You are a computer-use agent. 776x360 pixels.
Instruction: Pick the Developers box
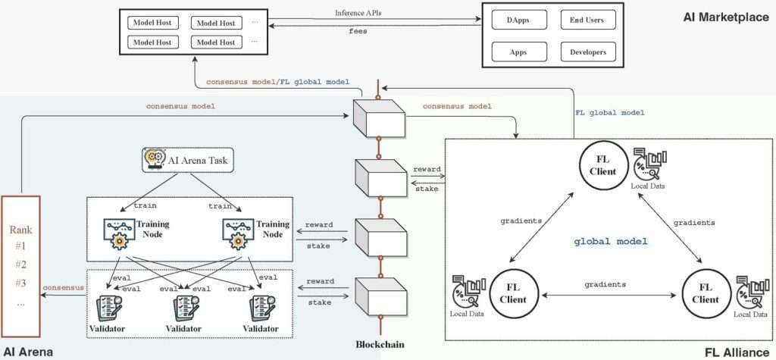coord(587,52)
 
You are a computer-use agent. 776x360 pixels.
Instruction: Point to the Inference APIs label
coord(358,13)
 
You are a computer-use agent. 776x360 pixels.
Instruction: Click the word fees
coord(358,31)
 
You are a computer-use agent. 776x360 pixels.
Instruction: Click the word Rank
coord(22,230)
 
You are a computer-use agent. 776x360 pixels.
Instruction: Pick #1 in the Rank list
coord(22,247)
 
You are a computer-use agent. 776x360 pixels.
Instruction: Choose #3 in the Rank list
coord(22,283)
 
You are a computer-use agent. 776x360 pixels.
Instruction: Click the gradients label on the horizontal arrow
coord(605,284)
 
